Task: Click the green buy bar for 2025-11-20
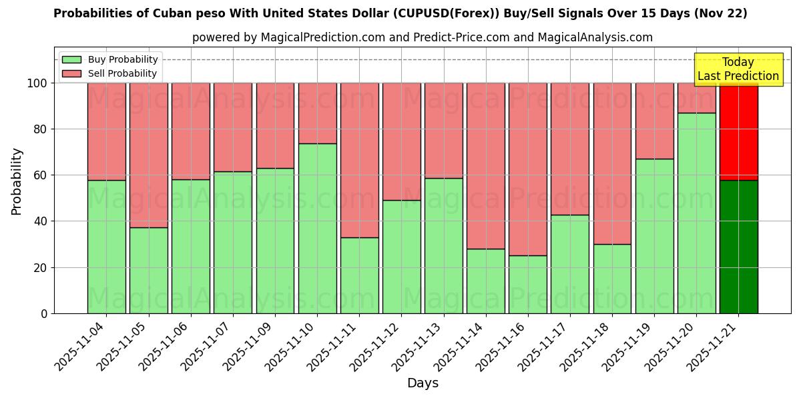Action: coord(696,213)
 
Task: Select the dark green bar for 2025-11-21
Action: coord(738,247)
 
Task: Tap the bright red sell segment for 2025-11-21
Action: coord(738,131)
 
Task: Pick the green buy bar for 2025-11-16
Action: coord(527,285)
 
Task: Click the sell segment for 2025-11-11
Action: coord(359,160)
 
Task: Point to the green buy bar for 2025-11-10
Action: coord(317,229)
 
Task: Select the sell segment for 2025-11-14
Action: coord(485,165)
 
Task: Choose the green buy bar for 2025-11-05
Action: coord(148,271)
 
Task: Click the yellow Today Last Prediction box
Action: coord(738,69)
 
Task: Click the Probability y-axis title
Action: coord(17,181)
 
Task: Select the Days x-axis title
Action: coord(423,383)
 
